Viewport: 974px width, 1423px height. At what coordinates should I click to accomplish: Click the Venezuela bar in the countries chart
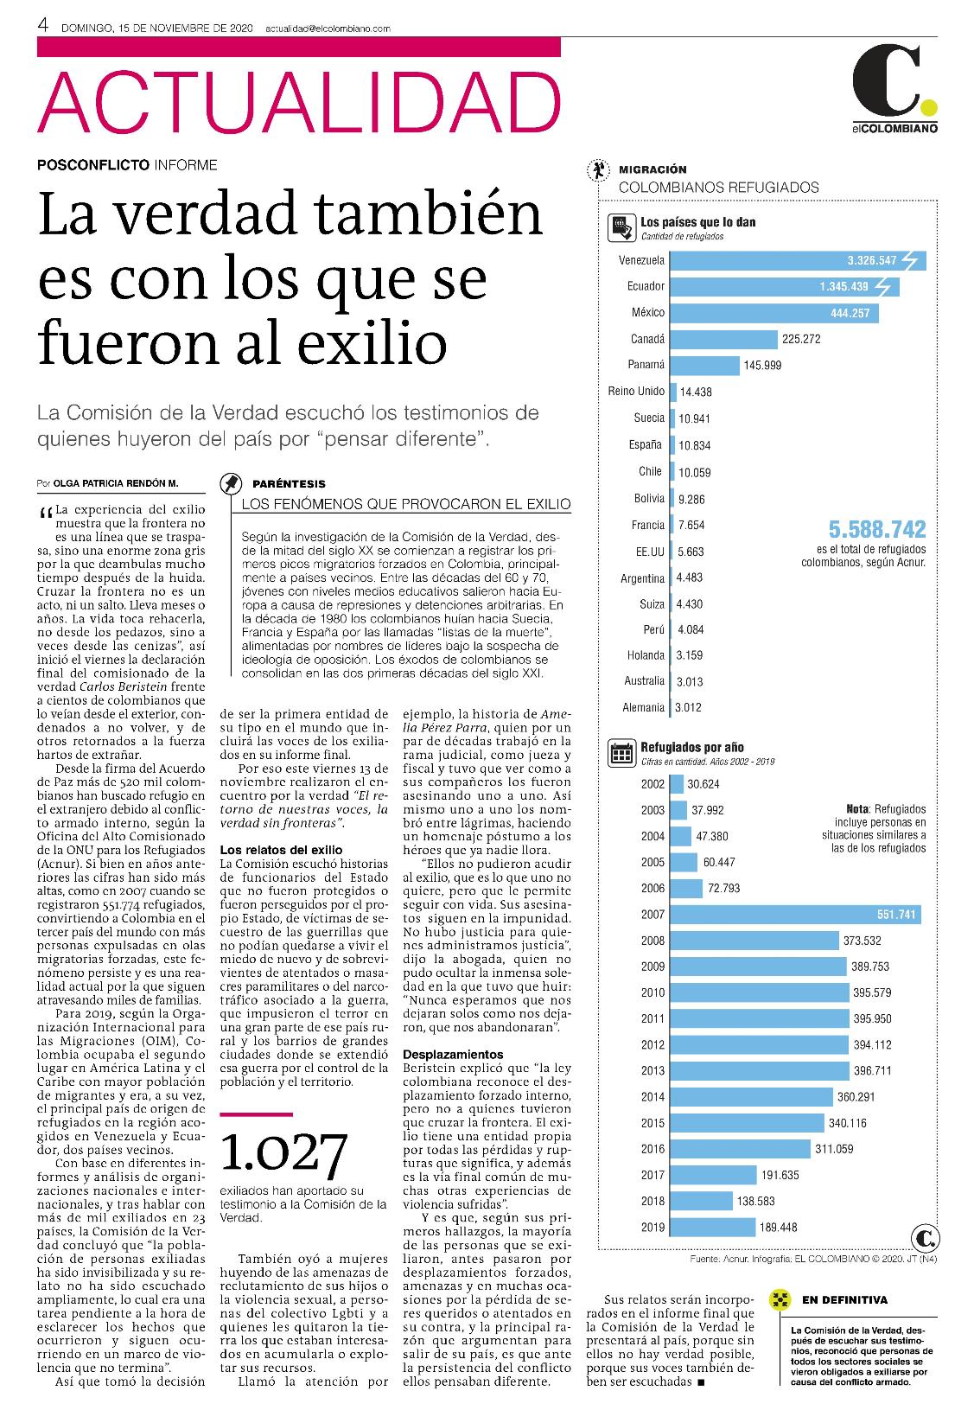point(798,260)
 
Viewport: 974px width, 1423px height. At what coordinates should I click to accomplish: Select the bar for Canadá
point(724,339)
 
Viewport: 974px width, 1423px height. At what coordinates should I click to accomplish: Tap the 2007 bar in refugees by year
point(796,915)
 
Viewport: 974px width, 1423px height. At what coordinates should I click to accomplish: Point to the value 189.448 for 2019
point(779,1228)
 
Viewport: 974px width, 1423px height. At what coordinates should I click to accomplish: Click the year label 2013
point(653,1071)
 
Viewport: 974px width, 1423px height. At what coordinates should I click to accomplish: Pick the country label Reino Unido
point(636,392)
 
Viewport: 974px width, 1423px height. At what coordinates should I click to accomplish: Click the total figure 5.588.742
point(877,529)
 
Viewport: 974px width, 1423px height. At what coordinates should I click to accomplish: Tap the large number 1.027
point(283,1153)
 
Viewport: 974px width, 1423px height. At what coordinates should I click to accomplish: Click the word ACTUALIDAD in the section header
point(299,102)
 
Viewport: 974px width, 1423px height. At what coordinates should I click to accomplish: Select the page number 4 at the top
point(43,25)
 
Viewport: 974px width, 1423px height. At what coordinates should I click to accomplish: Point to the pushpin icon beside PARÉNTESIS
point(231,484)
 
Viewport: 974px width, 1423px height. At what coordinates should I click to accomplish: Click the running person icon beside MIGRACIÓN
point(597,169)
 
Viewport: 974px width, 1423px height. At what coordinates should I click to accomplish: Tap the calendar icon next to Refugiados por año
point(621,753)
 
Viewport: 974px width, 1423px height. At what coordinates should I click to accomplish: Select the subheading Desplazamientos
point(454,1055)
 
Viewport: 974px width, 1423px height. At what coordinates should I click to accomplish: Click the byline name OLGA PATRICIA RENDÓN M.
point(116,483)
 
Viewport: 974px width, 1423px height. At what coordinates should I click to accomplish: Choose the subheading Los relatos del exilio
point(281,850)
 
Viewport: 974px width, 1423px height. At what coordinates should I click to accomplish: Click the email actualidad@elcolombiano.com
point(328,29)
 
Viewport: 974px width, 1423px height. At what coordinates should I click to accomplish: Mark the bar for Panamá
point(704,366)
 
